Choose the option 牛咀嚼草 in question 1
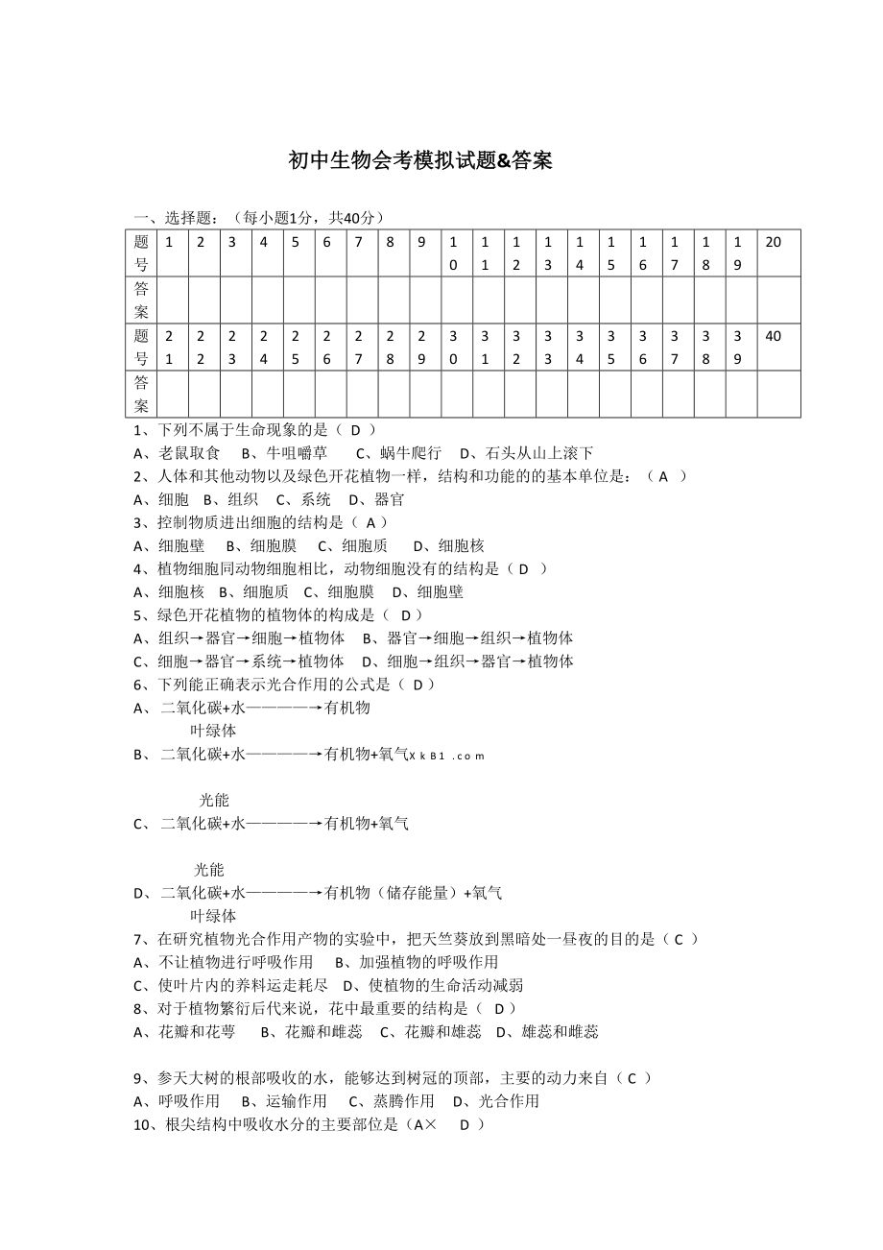[284, 453]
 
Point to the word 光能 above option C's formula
[214, 800]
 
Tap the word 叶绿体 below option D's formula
[213, 916]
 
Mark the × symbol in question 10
[430, 1124]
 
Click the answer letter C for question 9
[632, 1078]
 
